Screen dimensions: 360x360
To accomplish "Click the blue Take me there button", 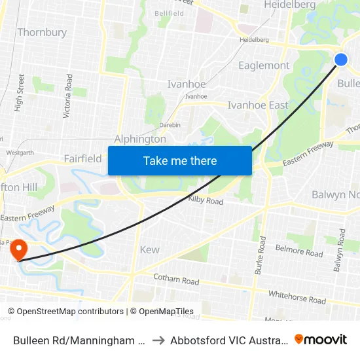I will tap(180, 160).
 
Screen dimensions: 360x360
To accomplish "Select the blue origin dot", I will tap(341, 60).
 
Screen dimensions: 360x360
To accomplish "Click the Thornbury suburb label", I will tap(42, 32).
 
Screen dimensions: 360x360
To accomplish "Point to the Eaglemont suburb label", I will tap(264, 65).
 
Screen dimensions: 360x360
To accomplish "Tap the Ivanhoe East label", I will tap(257, 105).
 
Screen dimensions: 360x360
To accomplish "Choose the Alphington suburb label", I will tap(140, 139).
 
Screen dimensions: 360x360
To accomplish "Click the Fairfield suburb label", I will tap(82, 158).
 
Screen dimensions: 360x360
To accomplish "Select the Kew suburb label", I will tap(149, 249).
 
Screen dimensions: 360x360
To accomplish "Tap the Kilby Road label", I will tap(206, 200).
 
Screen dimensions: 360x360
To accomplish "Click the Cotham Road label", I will tap(175, 279).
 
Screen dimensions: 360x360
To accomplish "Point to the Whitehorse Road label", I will tap(297, 297).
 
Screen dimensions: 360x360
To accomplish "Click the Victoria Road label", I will tap(67, 96).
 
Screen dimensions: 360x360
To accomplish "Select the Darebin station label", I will tap(170, 124).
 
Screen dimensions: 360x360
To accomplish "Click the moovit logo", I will tap(320, 340).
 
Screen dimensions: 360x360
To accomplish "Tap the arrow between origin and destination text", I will tap(158, 340).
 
